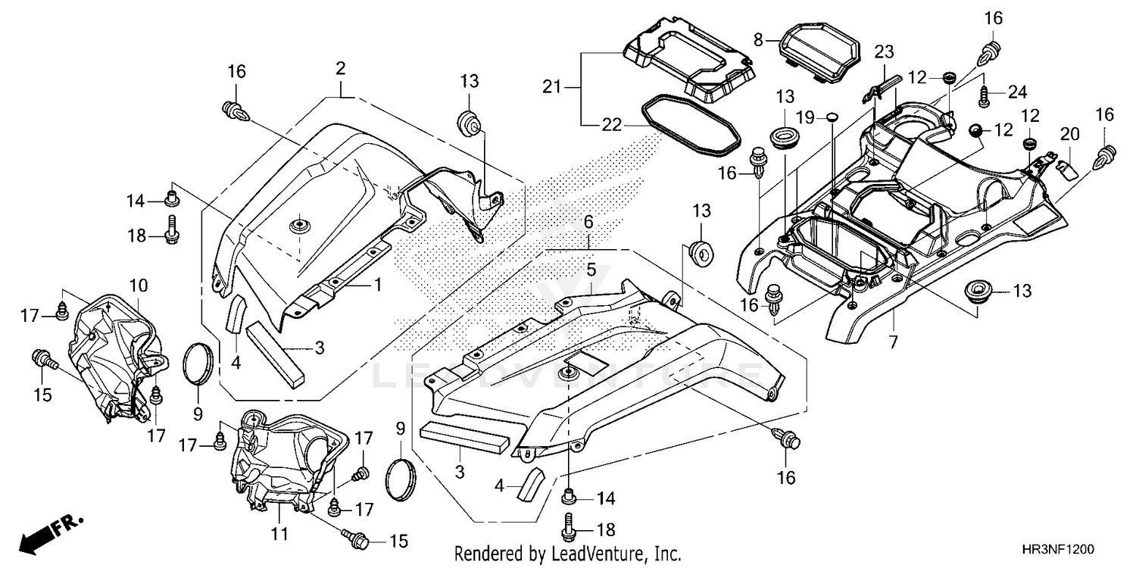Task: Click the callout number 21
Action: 553,88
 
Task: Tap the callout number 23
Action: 885,51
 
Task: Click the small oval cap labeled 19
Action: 831,116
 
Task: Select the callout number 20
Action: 1069,134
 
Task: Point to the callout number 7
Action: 893,342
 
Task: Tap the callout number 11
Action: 279,535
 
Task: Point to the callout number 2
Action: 341,69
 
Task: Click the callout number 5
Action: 591,269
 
